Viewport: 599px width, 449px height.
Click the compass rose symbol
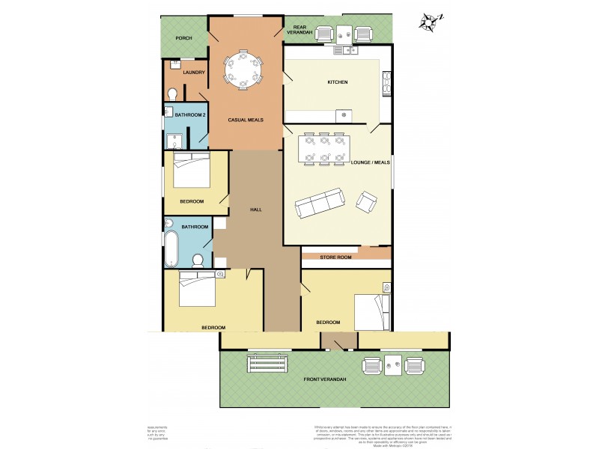pyautogui.click(x=429, y=21)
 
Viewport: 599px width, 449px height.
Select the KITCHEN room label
pyautogui.click(x=338, y=82)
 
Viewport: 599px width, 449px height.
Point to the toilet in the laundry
pyautogui.click(x=173, y=94)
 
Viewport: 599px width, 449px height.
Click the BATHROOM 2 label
pyautogui.click(x=189, y=114)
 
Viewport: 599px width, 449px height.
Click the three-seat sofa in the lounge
pyautogui.click(x=320, y=203)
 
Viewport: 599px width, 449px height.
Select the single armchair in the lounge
pyautogui.click(x=367, y=201)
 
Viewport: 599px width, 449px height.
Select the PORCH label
pyautogui.click(x=183, y=37)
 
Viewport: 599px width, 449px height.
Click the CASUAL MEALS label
pyautogui.click(x=245, y=120)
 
